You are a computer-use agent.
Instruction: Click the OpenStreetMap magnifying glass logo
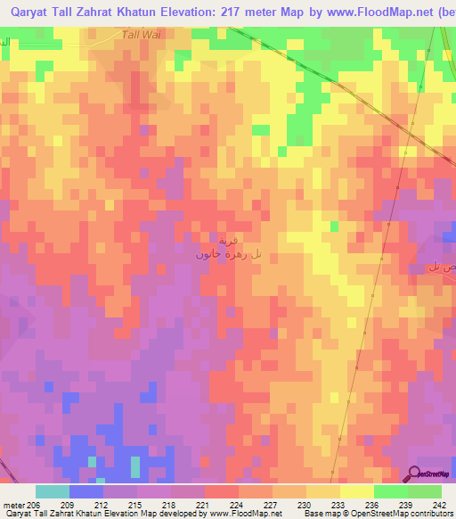(x=415, y=474)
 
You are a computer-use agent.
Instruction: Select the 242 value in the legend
(x=441, y=504)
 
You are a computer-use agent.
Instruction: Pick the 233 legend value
(x=339, y=504)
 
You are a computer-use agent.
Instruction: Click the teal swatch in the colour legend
(x=53, y=491)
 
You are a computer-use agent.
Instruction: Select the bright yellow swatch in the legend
(x=355, y=491)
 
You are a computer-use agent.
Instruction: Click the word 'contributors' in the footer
(x=431, y=515)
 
